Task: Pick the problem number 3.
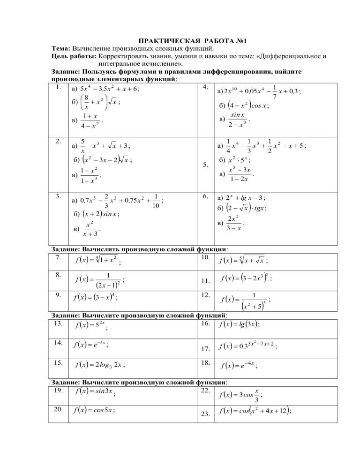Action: pyautogui.click(x=56, y=196)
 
